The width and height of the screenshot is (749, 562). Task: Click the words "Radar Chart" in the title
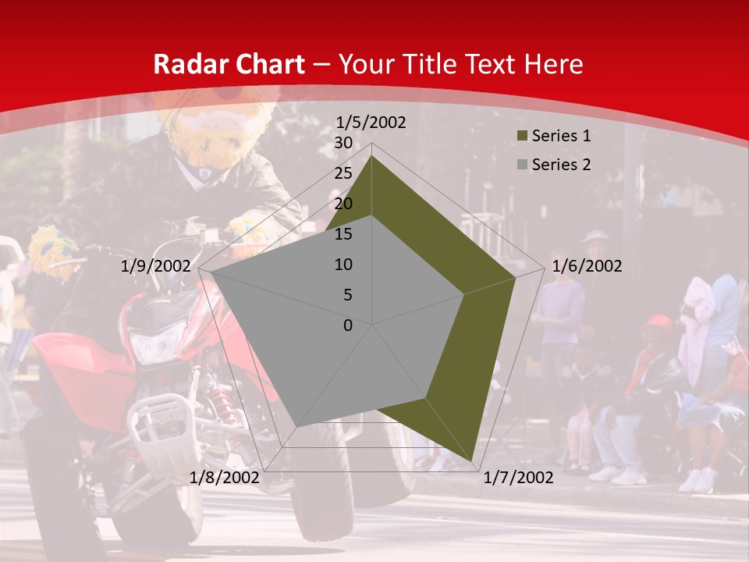pos(228,65)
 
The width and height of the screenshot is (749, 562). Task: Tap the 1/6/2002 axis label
pos(587,266)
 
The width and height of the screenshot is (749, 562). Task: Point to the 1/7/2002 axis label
pos(518,478)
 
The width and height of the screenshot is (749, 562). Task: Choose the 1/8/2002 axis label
pos(225,478)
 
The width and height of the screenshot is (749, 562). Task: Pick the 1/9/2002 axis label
pos(156,266)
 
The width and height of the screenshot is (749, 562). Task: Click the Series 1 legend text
pos(561,136)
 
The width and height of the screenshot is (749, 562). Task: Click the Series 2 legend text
pos(561,165)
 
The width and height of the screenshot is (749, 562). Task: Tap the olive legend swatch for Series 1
pos(522,137)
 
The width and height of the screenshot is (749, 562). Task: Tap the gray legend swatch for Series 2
pos(522,165)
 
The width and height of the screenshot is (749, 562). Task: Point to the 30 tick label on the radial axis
pos(343,143)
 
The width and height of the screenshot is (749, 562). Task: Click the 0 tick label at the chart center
pos(348,325)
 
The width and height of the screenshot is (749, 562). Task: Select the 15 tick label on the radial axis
pos(343,234)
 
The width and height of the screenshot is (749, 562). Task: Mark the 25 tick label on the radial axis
pos(343,173)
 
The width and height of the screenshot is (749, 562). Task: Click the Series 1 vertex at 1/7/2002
pos(473,461)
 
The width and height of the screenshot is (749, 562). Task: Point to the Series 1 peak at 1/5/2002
pos(372,156)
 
